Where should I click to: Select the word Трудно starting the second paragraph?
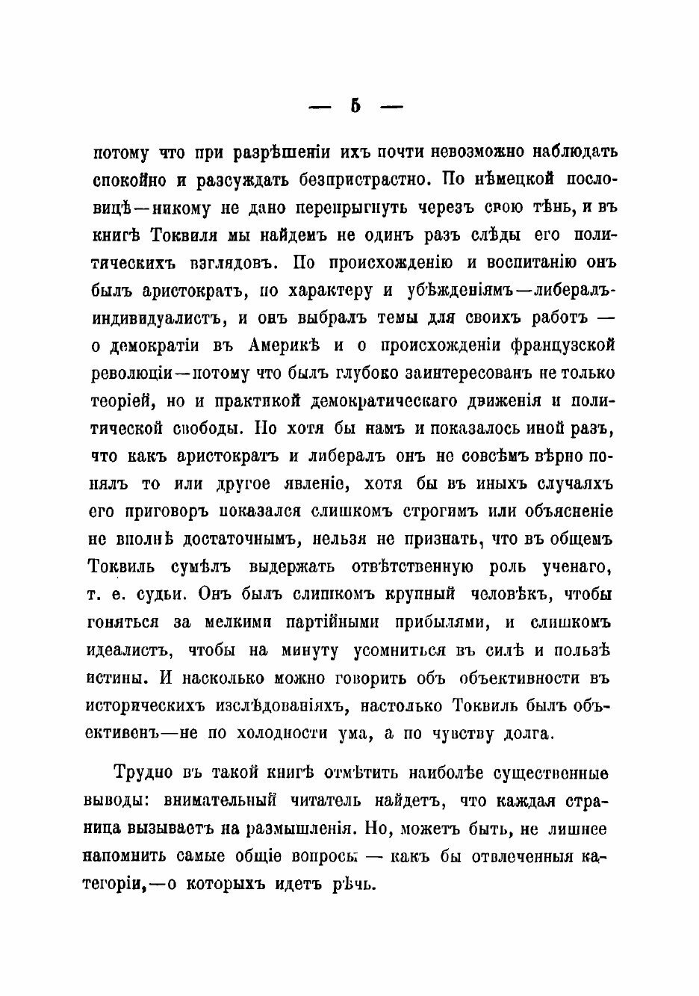[x=143, y=772]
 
